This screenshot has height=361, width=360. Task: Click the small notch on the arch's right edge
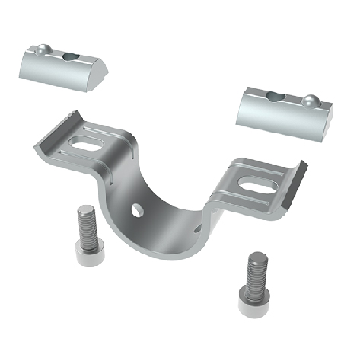[199, 225]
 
